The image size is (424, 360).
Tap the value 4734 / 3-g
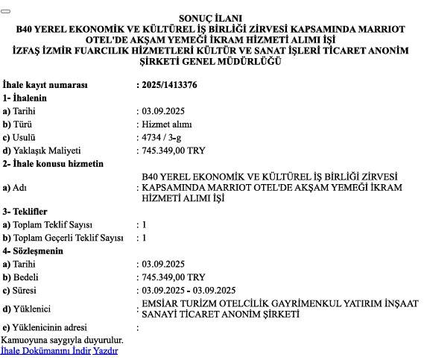pos(160,137)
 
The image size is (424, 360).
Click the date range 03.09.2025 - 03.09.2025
pos(189,290)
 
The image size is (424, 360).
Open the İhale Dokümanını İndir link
pos(45,350)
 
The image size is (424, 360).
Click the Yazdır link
pos(105,350)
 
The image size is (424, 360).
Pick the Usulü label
pos(20,137)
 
